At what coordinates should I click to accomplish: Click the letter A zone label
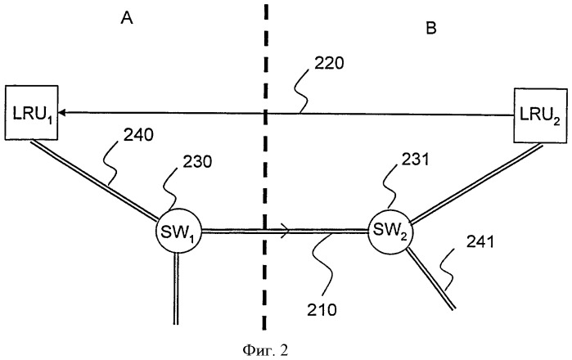pyautogui.click(x=127, y=17)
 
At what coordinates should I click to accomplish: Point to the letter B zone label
pyautogui.click(x=430, y=28)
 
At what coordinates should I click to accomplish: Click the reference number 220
pyautogui.click(x=329, y=64)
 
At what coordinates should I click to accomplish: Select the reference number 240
pyautogui.click(x=138, y=135)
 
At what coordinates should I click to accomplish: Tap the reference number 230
pyautogui.click(x=197, y=162)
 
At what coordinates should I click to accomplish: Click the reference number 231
pyautogui.click(x=416, y=160)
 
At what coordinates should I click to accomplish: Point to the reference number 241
pyautogui.click(x=480, y=242)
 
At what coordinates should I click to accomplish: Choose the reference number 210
pyautogui.click(x=322, y=309)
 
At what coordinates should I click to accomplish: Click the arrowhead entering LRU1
pyautogui.click(x=61, y=113)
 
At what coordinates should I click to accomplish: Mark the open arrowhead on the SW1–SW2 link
pyautogui.click(x=286, y=231)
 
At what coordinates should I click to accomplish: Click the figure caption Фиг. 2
pyautogui.click(x=265, y=350)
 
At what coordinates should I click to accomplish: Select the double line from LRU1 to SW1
pyautogui.click(x=94, y=181)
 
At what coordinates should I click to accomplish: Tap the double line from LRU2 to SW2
pyautogui.click(x=476, y=183)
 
